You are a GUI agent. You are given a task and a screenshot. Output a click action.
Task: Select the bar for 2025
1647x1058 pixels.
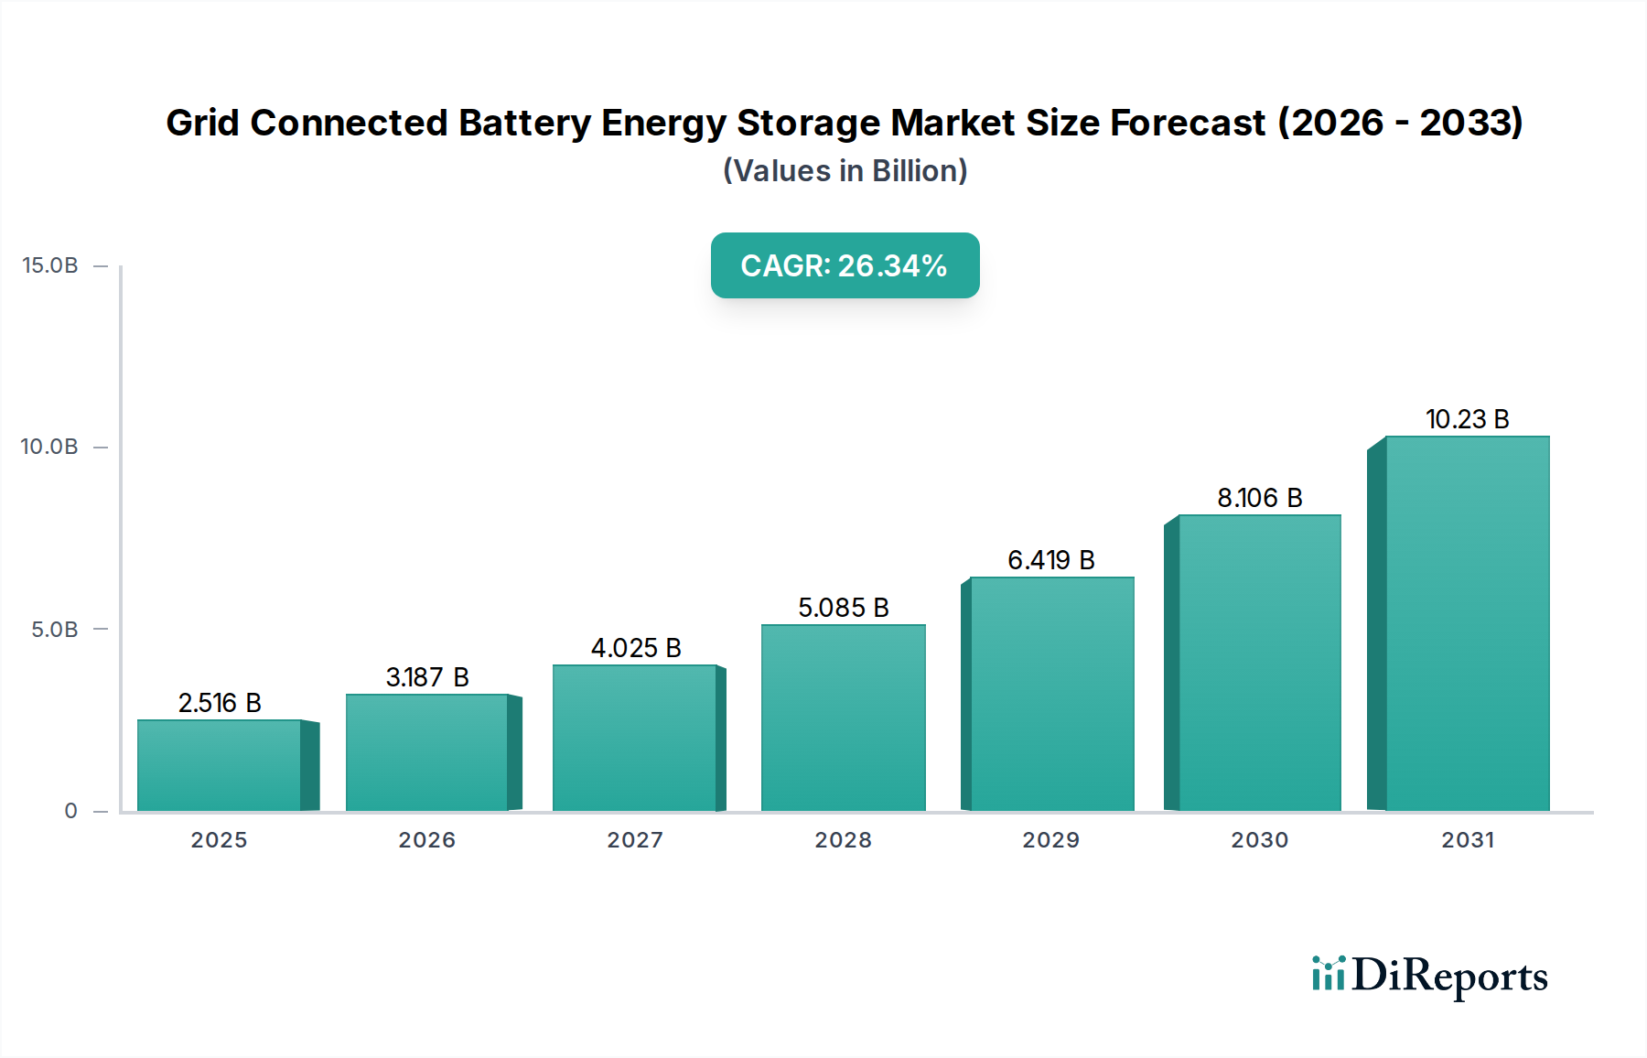pyautogui.click(x=220, y=765)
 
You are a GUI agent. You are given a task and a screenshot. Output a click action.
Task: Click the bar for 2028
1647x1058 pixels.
pyautogui.click(x=843, y=718)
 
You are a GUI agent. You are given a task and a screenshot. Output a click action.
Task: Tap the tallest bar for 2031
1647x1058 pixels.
pyautogui.click(x=1467, y=623)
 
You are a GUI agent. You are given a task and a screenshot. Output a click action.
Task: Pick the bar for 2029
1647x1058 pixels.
pyautogui.click(x=1051, y=694)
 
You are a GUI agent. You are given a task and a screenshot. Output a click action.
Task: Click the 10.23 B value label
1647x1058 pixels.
pyautogui.click(x=1467, y=419)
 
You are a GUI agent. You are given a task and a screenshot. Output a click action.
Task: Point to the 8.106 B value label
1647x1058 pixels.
pyautogui.click(x=1259, y=498)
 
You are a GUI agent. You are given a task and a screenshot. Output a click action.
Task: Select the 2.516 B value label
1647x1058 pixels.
pyautogui.click(x=220, y=703)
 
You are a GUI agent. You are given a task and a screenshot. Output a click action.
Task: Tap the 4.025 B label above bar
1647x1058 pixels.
pyautogui.click(x=636, y=648)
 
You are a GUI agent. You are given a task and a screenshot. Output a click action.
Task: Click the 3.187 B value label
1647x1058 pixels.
pyautogui.click(x=427, y=677)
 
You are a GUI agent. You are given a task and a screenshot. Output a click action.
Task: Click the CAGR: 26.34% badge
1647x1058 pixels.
pyautogui.click(x=845, y=265)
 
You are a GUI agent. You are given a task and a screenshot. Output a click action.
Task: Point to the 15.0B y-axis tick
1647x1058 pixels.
pyautogui.click(x=50, y=265)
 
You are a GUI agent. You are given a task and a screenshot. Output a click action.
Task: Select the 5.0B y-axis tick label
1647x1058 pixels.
pyautogui.click(x=55, y=630)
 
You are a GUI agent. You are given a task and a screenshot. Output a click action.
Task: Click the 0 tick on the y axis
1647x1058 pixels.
pyautogui.click(x=70, y=811)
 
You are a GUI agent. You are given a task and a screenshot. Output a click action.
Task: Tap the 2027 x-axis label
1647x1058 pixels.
pyautogui.click(x=635, y=840)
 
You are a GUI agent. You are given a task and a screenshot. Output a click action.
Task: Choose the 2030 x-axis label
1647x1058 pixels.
pyautogui.click(x=1259, y=840)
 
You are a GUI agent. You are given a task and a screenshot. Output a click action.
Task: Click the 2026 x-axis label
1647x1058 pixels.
pyautogui.click(x=426, y=840)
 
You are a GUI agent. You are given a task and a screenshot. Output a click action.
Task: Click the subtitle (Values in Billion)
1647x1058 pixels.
pyautogui.click(x=845, y=171)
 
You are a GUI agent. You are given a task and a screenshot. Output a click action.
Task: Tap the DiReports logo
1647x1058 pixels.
pyautogui.click(x=1429, y=976)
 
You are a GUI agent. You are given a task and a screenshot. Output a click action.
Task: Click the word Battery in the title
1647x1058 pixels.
pyautogui.click(x=524, y=123)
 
